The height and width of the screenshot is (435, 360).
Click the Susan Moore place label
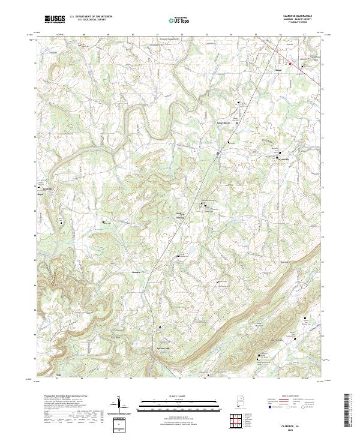[224, 124]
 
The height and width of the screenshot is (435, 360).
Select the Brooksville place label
[283, 159]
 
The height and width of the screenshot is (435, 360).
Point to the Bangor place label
[41, 194]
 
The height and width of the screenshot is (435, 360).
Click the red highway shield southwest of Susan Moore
[217, 153]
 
